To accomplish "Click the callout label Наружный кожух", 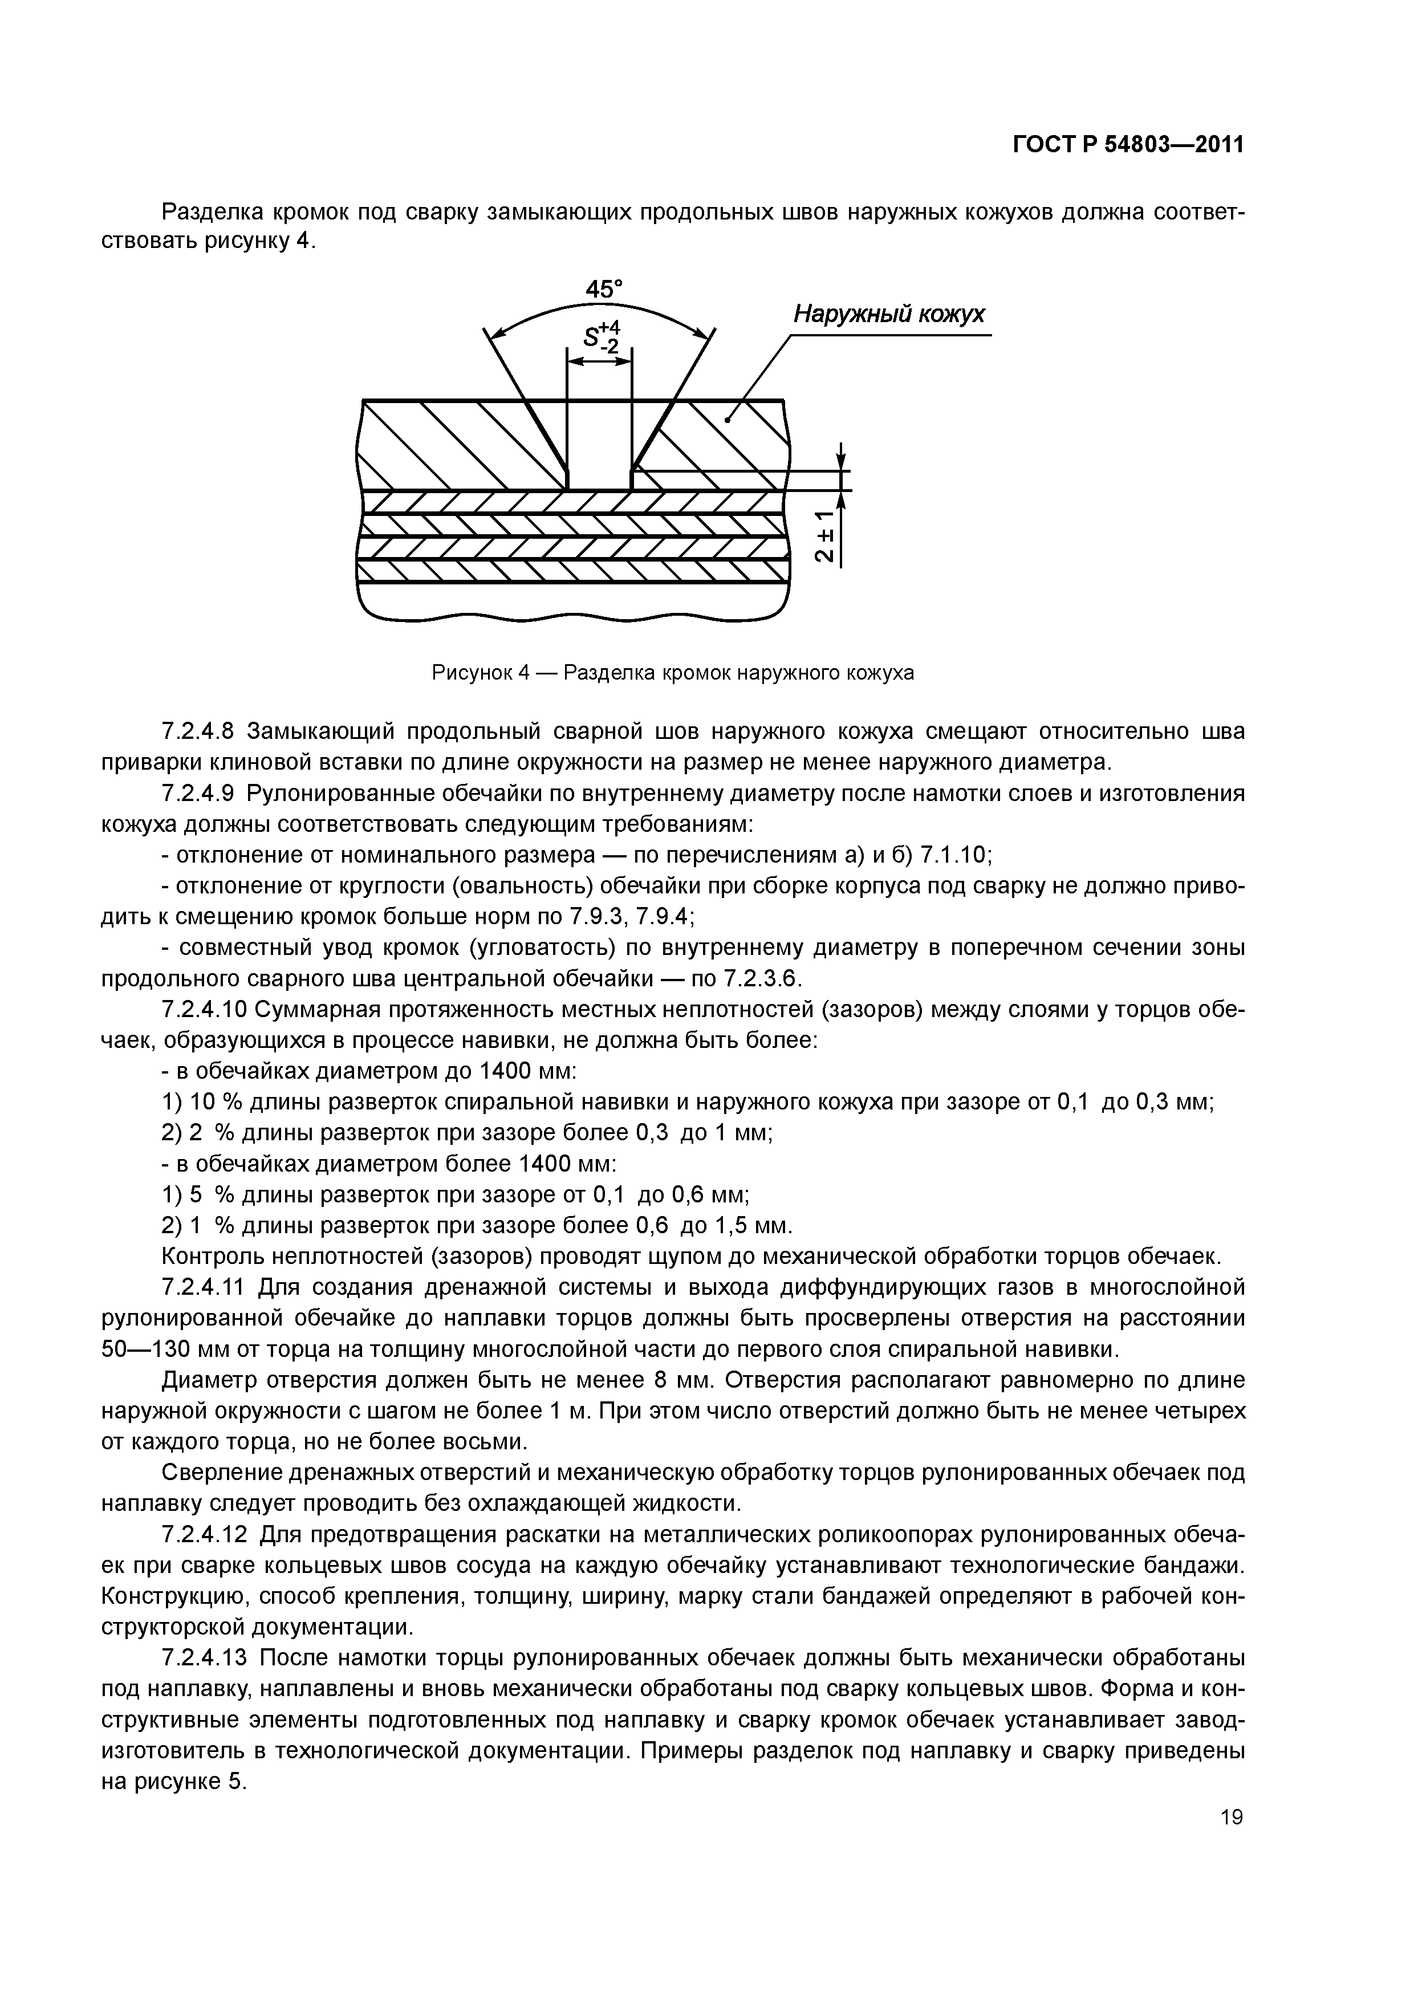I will [x=889, y=315].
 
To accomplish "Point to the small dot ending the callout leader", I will [x=726, y=420].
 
